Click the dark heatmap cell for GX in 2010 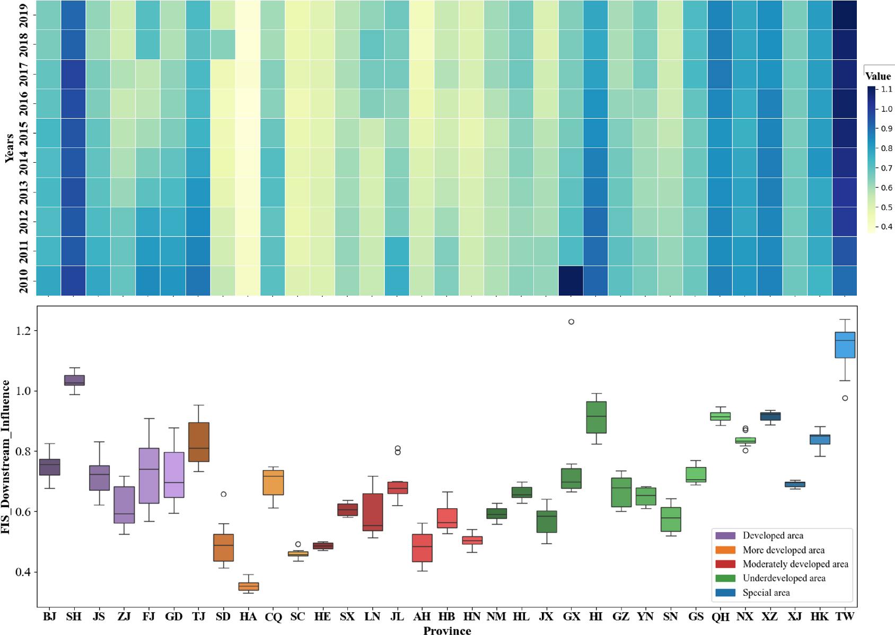tap(571, 280)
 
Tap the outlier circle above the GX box tap(571, 322)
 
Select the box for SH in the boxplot tap(74, 380)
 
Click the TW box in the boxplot tap(845, 345)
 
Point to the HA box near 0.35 tap(248, 586)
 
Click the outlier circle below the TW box tap(845, 398)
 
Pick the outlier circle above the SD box tap(224, 494)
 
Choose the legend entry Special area tap(766, 593)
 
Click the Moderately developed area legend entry tap(795, 564)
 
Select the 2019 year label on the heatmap tap(24, 14)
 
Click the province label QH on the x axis tap(721, 616)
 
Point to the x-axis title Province tap(447, 630)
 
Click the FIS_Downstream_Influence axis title tap(6, 456)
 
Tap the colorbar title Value tap(878, 76)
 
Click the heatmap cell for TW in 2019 tap(845, 14)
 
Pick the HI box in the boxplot tap(596, 417)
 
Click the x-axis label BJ tap(49, 616)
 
